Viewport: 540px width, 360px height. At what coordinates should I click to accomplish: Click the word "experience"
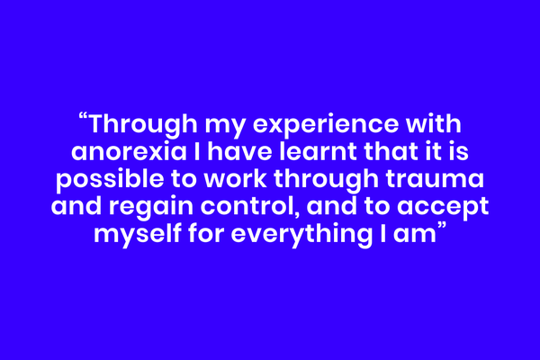tap(326, 126)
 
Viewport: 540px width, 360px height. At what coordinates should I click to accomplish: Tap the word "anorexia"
tap(129, 152)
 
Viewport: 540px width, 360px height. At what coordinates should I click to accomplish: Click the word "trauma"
tap(435, 179)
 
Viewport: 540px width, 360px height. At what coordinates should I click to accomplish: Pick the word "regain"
tap(151, 207)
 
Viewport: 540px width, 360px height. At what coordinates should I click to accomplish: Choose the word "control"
tap(248, 206)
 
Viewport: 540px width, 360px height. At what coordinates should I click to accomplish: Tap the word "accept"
tap(443, 208)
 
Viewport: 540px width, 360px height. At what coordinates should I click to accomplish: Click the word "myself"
tap(138, 234)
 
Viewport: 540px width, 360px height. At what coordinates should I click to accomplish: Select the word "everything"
tap(301, 234)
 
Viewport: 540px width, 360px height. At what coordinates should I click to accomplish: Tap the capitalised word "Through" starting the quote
tap(143, 125)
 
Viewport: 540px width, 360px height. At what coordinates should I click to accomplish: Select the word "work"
tap(235, 178)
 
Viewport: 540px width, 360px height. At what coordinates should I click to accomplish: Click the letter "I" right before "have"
tap(197, 151)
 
